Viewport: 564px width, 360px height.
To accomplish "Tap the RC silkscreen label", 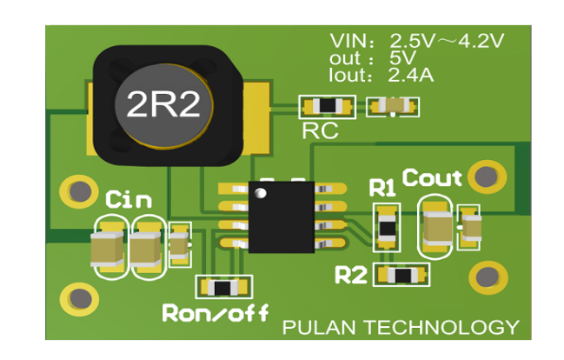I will click(x=319, y=131).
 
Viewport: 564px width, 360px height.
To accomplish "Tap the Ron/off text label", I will click(x=215, y=312).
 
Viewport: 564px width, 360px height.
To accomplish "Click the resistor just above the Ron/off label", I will click(x=223, y=287).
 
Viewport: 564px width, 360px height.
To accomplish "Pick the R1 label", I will click(x=382, y=188).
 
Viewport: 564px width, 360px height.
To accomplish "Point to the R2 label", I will click(x=351, y=276).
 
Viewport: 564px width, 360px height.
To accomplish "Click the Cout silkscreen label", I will click(x=432, y=178).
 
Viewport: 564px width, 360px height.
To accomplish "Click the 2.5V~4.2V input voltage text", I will click(x=447, y=40).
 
